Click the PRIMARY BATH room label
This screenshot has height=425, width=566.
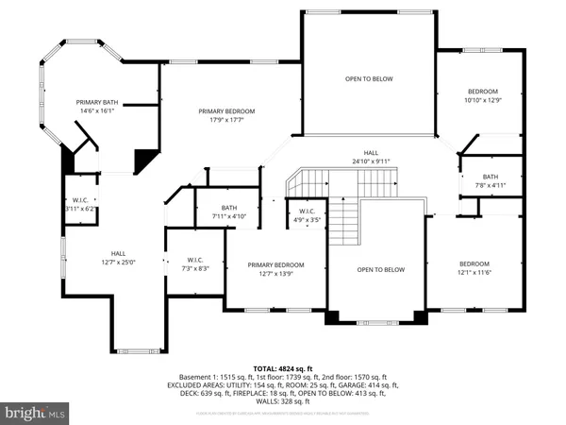pos(98,101)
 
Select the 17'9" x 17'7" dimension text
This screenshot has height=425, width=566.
pos(226,120)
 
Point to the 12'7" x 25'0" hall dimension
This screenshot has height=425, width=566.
pos(118,262)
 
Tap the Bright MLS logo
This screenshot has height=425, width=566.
pos(36,412)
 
